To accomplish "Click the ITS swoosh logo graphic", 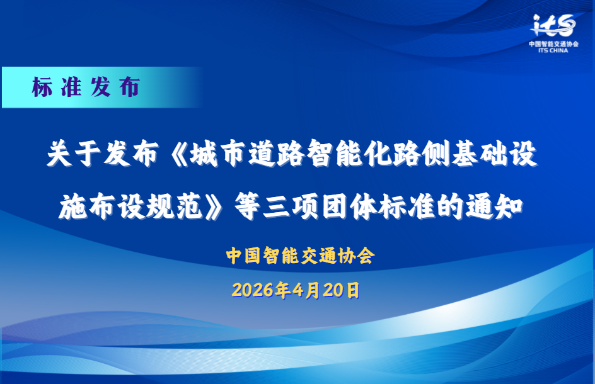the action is tap(553, 25).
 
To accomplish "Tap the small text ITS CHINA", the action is tap(553, 50).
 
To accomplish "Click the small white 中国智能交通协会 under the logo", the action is tap(553, 44).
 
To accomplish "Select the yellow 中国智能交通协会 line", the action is tap(300, 256).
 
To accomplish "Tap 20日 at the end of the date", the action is tap(342, 290).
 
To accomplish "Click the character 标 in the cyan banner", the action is tap(42, 87).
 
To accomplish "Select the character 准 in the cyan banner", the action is tap(71, 87).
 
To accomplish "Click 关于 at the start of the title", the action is tap(74, 154).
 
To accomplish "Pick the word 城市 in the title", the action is tap(218, 154).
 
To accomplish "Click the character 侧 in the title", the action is tap(436, 154).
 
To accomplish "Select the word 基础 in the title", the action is tap(480, 154).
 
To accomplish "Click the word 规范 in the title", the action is tap(174, 206).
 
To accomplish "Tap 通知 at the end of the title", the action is tap(494, 206).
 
